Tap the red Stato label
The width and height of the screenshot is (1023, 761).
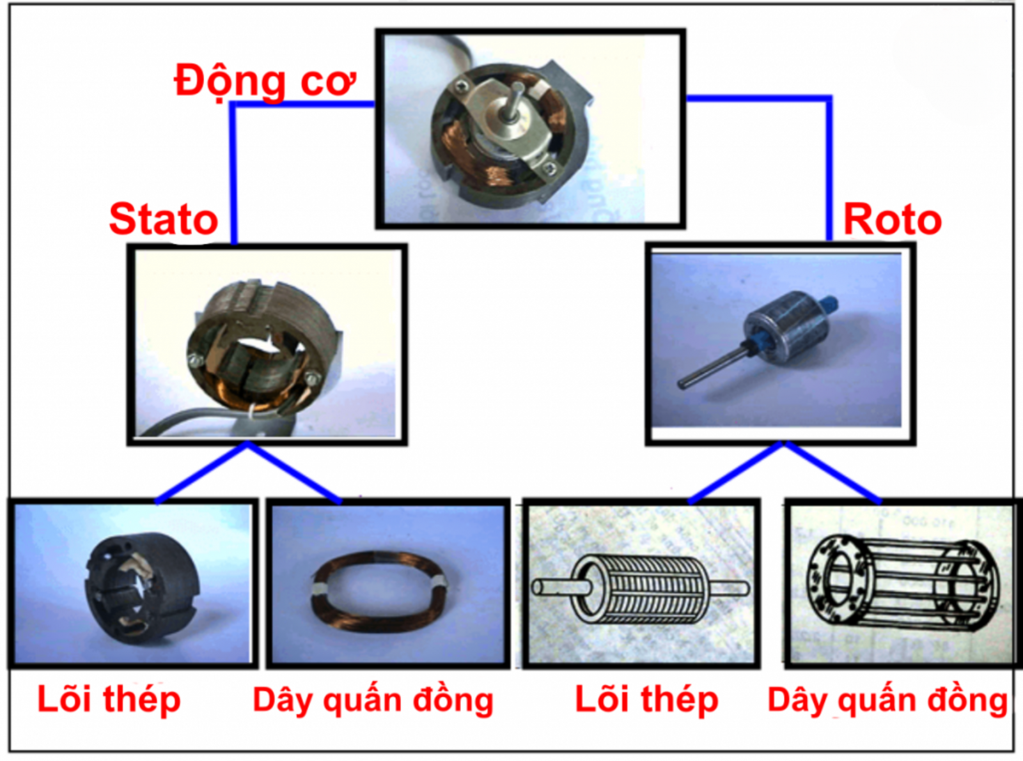(x=163, y=220)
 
